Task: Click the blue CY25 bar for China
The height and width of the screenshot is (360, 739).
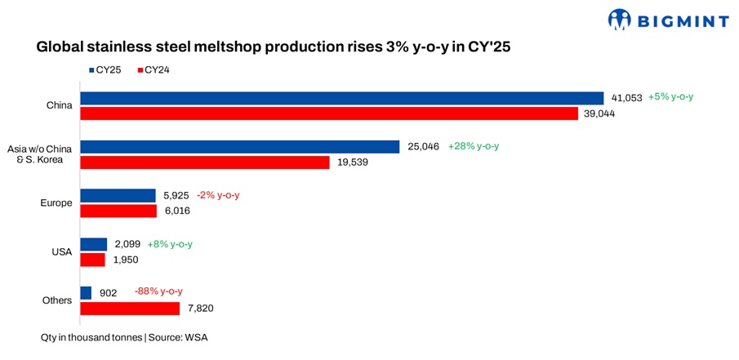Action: pos(341,98)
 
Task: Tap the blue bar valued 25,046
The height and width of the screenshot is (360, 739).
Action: pos(240,147)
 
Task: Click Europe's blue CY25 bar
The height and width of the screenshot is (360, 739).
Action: pos(118,196)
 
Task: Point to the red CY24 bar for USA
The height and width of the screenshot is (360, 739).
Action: pos(93,260)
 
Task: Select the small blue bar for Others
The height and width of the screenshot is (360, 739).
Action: pos(86,292)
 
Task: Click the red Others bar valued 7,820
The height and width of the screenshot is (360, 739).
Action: pos(130,308)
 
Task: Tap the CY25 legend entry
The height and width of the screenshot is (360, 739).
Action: pos(106,70)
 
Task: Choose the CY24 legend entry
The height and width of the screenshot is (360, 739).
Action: pos(154,70)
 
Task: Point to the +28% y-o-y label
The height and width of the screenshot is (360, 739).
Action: pos(474,147)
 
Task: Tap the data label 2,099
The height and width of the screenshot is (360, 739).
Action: pos(127,244)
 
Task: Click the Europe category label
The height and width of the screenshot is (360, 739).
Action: pos(57,203)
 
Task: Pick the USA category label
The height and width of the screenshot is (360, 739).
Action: pos(62,252)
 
